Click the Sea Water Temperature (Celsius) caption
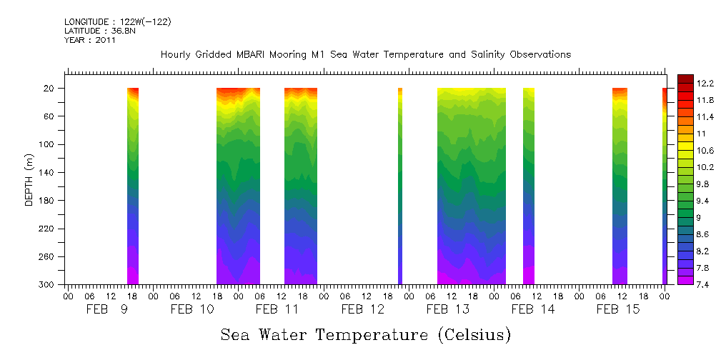(x=365, y=334)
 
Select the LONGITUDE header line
(x=117, y=22)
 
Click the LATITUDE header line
(x=98, y=31)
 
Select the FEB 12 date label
(x=363, y=309)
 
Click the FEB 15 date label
(x=618, y=309)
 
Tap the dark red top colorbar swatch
(x=685, y=79)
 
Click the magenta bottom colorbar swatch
(x=685, y=280)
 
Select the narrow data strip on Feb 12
(x=400, y=186)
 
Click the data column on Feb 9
(x=133, y=186)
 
